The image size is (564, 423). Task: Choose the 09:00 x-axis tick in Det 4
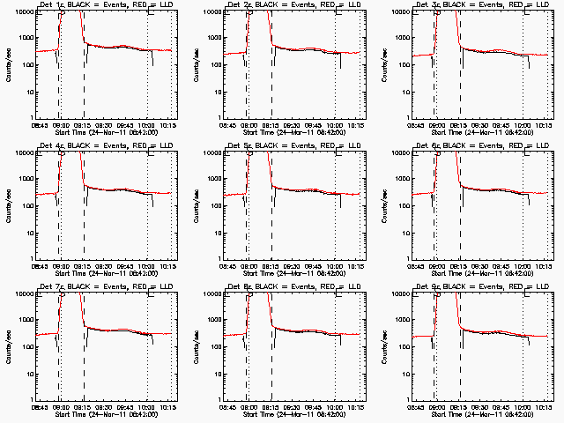click(x=61, y=267)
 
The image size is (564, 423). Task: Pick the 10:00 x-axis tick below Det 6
click(x=523, y=267)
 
